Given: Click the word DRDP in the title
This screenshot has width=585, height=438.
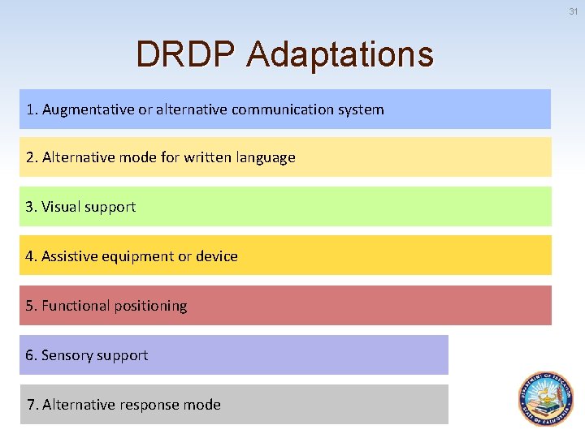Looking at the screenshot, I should coord(187,55).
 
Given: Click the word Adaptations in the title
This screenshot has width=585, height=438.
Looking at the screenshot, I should coord(340,55).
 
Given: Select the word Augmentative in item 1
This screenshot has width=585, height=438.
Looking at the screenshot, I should coord(88,109).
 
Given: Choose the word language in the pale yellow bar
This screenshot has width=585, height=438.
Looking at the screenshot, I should coord(266,158).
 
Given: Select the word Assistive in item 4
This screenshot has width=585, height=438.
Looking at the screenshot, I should coord(71,256).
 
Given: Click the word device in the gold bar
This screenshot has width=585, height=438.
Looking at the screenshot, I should coord(217,256).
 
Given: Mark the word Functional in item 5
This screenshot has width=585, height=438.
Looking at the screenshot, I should coord(76,306).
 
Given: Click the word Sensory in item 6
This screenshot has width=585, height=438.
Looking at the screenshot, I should coord(67,355).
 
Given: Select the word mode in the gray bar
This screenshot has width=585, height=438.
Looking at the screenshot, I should coord(203,404).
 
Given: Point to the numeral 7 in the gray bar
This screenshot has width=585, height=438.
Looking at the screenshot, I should coord(31,404).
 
